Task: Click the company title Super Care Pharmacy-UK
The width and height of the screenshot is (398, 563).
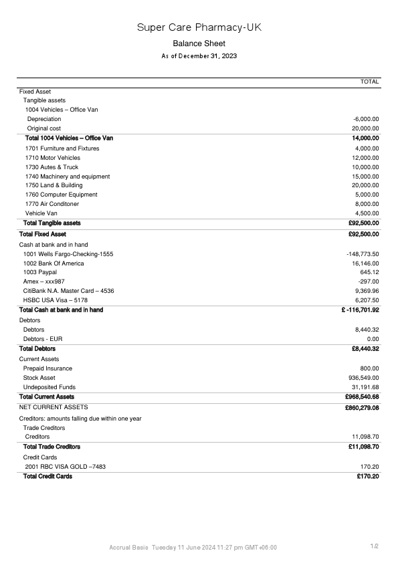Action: click(199, 27)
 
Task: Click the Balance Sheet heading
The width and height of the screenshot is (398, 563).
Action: click(199, 43)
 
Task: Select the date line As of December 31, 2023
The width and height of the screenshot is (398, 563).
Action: click(199, 56)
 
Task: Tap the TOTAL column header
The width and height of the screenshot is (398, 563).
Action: click(369, 82)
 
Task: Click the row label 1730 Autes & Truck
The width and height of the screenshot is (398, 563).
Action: click(52, 167)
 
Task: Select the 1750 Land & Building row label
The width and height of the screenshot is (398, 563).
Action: click(54, 185)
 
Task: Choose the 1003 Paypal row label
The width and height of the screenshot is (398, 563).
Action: click(40, 273)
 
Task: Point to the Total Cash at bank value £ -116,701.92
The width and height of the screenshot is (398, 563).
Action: click(360, 310)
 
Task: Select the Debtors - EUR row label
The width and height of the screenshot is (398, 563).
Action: click(43, 339)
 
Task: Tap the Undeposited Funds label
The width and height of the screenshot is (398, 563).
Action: click(49, 387)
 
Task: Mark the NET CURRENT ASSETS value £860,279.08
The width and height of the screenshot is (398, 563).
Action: click(362, 407)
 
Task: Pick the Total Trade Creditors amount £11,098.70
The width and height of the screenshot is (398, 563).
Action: click(364, 446)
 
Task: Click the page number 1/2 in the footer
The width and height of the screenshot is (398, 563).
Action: click(375, 546)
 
